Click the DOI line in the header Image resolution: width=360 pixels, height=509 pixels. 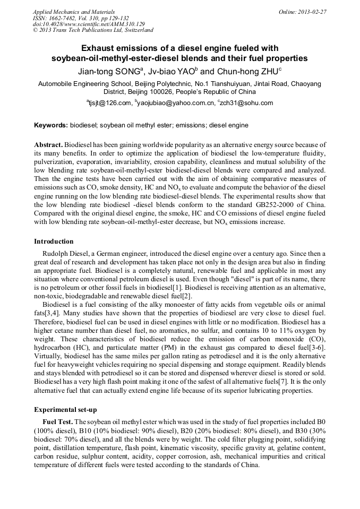pos(89,24)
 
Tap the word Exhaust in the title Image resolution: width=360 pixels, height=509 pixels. pos(103,47)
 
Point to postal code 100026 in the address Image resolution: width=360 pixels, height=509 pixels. pos(150,92)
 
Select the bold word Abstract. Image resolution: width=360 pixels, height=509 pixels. pos(48,145)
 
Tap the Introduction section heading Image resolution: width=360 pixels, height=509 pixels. pos(54,241)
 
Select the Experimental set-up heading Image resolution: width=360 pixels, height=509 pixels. pos(66,410)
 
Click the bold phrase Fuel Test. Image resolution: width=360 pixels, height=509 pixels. pos(57,421)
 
